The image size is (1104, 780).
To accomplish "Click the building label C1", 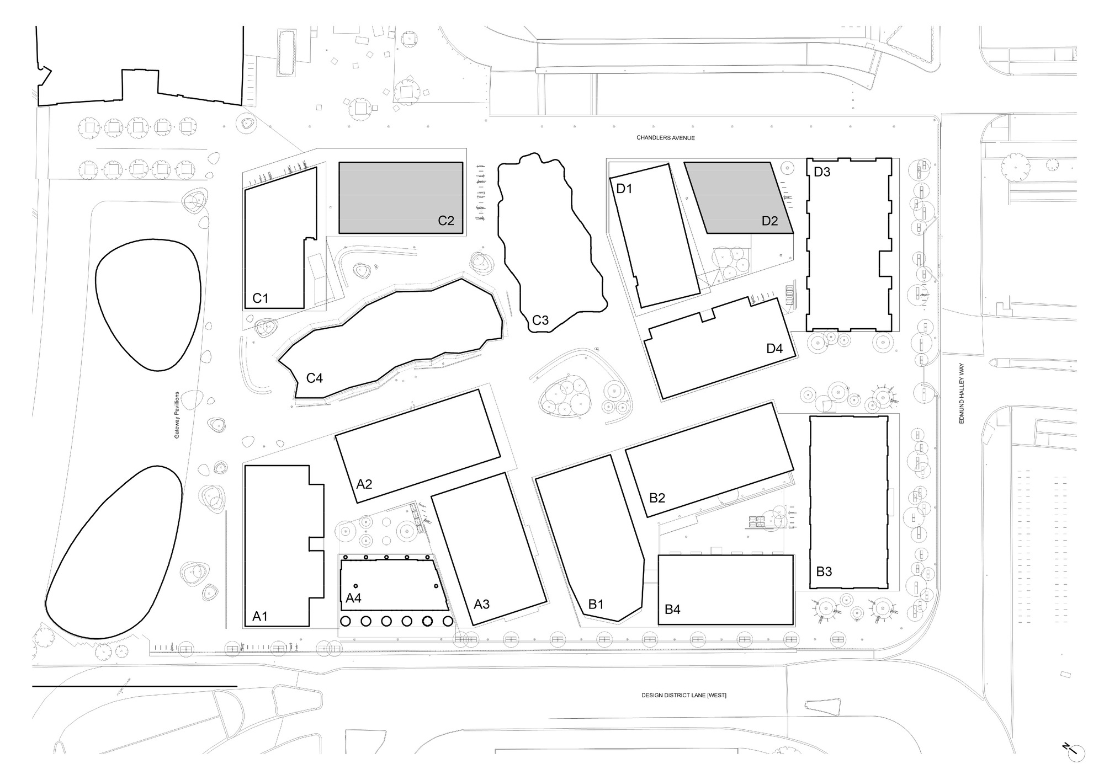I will (x=260, y=298).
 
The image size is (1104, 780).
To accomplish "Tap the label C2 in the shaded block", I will (x=446, y=221).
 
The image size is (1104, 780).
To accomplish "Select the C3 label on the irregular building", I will (x=540, y=320).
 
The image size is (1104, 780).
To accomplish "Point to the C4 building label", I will (x=315, y=378).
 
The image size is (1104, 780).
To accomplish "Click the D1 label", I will (x=624, y=189).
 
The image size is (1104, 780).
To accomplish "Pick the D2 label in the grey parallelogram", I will (x=769, y=221).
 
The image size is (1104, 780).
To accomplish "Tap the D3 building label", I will (x=822, y=172).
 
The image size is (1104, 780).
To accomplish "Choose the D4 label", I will (x=774, y=349).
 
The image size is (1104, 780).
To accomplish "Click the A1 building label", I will (x=260, y=616).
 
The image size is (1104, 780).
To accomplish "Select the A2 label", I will (x=364, y=484).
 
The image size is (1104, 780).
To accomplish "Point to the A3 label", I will (x=482, y=604).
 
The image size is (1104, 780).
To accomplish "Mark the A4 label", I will (x=353, y=598).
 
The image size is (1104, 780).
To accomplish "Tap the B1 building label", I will (x=596, y=604).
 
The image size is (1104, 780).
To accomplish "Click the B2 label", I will (x=657, y=498).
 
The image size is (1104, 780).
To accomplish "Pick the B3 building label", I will (x=824, y=571).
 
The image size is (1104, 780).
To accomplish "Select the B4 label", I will (x=672, y=609).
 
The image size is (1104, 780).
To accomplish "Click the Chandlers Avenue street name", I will (x=665, y=138).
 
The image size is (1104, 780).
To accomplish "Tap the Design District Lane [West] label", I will (x=683, y=696).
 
